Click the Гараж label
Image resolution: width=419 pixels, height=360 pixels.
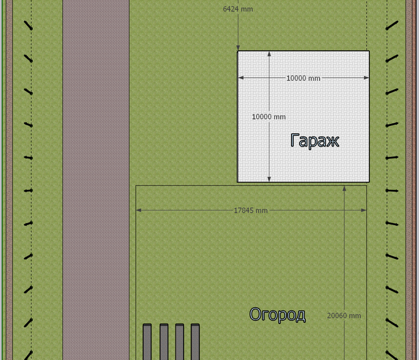(x=315, y=141)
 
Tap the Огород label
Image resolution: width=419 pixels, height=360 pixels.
(x=277, y=315)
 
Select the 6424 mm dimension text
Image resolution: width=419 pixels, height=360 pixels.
(x=238, y=9)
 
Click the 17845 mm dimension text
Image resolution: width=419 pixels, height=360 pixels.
(x=251, y=210)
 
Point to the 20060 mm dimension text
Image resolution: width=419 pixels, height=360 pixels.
(x=344, y=316)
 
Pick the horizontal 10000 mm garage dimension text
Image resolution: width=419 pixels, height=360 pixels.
(x=303, y=78)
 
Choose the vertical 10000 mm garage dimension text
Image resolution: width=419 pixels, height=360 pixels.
(x=269, y=117)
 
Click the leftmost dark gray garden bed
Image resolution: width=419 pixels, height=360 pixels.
(x=147, y=342)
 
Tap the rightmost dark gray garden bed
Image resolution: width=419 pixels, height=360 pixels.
(x=195, y=342)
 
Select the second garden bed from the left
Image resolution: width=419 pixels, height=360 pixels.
(x=164, y=342)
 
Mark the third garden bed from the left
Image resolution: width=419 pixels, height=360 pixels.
(x=180, y=342)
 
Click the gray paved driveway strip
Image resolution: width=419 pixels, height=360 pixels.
(x=96, y=180)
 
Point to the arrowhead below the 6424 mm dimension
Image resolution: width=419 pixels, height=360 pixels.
(x=238, y=48)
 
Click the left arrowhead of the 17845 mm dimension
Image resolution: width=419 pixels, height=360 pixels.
(x=139, y=210)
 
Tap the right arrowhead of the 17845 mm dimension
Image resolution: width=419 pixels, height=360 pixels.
(x=364, y=210)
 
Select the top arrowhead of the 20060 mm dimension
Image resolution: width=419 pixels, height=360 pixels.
(x=344, y=189)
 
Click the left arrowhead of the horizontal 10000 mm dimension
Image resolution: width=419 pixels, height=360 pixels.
(x=241, y=78)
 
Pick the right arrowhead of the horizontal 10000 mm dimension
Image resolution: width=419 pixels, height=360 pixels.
(x=366, y=78)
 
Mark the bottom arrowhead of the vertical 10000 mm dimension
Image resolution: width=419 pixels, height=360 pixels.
(x=269, y=179)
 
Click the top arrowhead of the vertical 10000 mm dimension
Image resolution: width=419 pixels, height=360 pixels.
(x=269, y=54)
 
